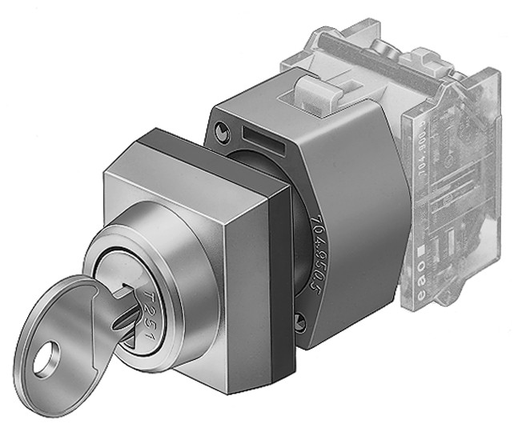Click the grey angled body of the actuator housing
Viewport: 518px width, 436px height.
pyautogui.click(x=360, y=200)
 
